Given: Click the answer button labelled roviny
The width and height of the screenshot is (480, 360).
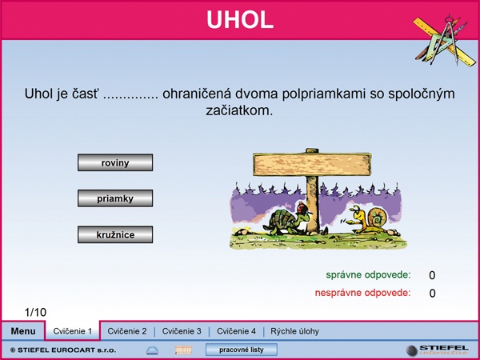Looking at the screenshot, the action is point(115,162).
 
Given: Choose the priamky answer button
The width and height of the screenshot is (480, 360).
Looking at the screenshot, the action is point(115,198).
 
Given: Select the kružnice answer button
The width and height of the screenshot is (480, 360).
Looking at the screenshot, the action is point(115,234).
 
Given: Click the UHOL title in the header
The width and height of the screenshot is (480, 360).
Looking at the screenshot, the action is point(240,20).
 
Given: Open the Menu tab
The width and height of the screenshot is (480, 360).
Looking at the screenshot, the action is point(23,331).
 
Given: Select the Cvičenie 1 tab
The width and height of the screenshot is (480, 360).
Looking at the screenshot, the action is point(73,331).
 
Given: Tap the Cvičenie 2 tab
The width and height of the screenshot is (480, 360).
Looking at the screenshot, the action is point(127,331).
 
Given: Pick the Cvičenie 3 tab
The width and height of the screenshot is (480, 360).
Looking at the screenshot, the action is point(182,331).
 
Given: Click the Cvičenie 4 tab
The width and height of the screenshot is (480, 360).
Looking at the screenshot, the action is point(236,331).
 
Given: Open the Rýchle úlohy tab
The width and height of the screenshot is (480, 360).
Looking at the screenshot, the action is point(294,331).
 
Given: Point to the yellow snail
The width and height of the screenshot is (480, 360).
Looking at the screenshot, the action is point(369,219).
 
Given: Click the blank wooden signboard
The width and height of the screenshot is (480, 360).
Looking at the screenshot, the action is point(312,165).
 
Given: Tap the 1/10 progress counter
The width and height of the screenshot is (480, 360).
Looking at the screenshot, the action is point(35,312).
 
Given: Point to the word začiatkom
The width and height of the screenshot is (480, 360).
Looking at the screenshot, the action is point(239,110).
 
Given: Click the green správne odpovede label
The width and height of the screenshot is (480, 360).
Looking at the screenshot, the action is point(368,275).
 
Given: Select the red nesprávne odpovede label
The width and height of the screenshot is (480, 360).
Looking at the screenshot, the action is point(362,293).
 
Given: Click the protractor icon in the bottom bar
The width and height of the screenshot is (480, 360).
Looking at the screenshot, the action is point(152,350).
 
